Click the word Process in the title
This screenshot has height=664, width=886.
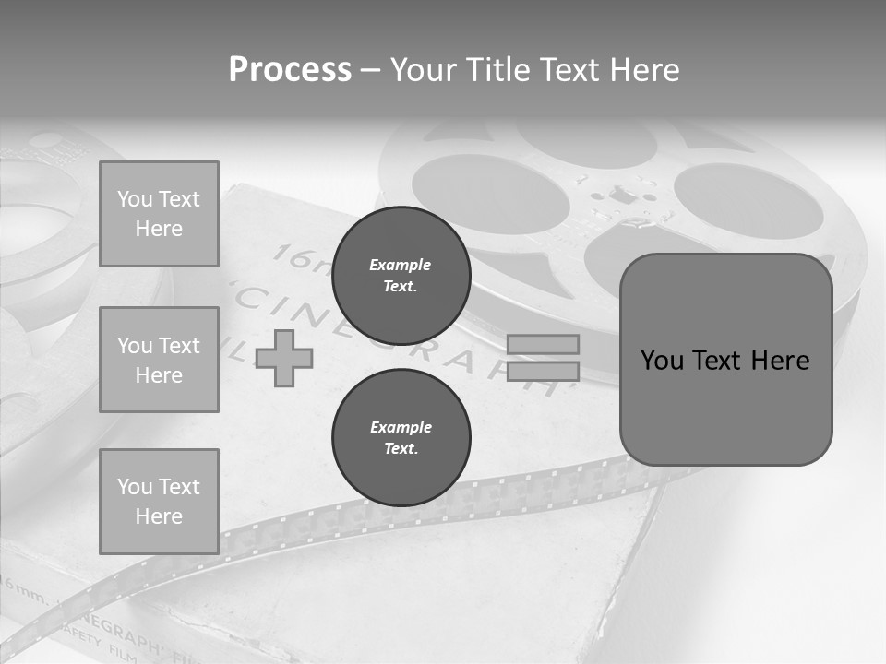[x=290, y=70]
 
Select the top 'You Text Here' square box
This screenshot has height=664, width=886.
[x=159, y=214]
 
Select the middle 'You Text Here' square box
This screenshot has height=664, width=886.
[x=159, y=360]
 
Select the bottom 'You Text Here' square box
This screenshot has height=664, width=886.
[x=159, y=502]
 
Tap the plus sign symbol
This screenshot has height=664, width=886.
[x=284, y=358]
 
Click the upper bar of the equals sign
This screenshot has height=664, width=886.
[x=544, y=344]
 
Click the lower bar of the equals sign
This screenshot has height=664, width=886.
[x=544, y=371]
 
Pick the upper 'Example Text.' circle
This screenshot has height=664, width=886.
[x=401, y=276]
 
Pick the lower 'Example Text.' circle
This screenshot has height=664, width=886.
[x=401, y=438]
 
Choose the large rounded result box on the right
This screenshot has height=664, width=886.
[x=725, y=360]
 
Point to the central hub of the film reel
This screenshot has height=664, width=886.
[x=625, y=196]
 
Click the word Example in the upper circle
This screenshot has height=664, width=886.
[x=401, y=265]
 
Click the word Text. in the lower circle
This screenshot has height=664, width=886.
[x=401, y=449]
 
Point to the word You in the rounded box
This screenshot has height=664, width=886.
[x=662, y=361]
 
